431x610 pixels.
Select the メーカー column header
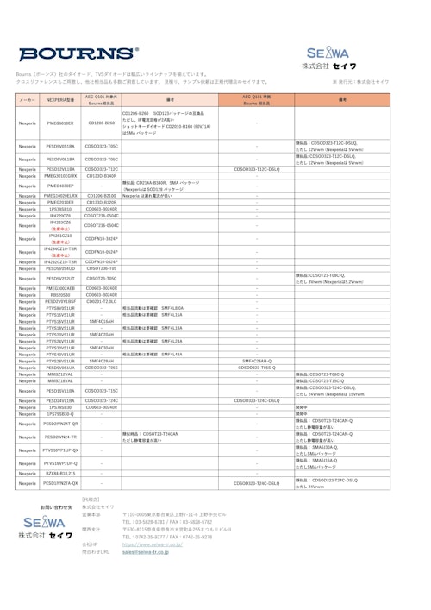[x=28, y=100]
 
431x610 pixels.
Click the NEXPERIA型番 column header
[x=60, y=100]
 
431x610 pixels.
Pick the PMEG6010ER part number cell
[x=60, y=123]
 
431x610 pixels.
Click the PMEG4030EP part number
[x=60, y=185]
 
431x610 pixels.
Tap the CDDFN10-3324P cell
[x=102, y=237]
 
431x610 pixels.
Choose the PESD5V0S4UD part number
[x=60, y=267]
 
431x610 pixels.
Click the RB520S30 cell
[x=60, y=294]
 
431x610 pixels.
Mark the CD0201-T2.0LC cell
[x=102, y=300]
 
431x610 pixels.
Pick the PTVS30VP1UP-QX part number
[x=60, y=450]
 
